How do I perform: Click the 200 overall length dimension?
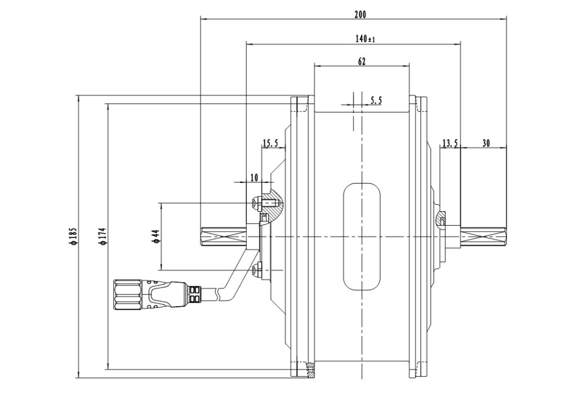click(x=360, y=15)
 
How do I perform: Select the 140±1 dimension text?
click(x=365, y=39)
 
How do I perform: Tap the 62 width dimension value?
click(x=362, y=61)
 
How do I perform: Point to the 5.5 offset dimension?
click(x=376, y=100)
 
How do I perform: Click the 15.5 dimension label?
click(x=270, y=143)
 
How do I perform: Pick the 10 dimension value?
click(x=254, y=177)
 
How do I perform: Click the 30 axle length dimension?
click(x=486, y=143)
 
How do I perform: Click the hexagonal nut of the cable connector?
click(x=127, y=294)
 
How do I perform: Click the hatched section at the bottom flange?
click(x=311, y=370)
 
